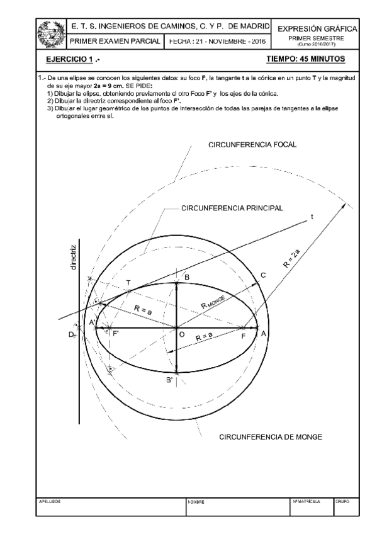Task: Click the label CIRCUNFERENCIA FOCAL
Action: tap(252, 145)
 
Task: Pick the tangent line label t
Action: tap(312, 217)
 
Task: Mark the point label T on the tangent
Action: tap(128, 283)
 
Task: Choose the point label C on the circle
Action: tap(263, 275)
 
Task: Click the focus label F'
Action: tap(116, 334)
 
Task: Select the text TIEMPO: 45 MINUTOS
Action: tap(305, 59)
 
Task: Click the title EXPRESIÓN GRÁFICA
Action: tap(318, 29)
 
